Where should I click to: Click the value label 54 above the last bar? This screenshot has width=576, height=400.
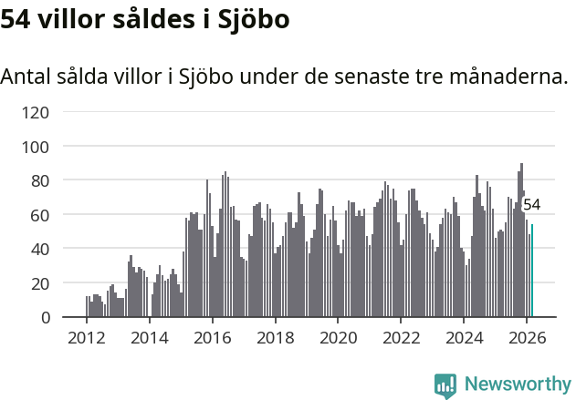click(x=531, y=205)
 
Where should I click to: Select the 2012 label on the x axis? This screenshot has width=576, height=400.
click(x=87, y=337)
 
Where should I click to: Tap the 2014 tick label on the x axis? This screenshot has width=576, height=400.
click(x=150, y=337)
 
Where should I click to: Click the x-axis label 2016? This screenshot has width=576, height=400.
click(x=212, y=337)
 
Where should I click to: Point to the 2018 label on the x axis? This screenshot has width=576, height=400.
click(x=275, y=337)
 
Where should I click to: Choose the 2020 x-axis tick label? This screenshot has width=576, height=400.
click(x=338, y=337)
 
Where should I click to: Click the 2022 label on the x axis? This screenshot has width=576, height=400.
click(x=401, y=337)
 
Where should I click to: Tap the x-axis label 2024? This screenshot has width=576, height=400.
click(x=464, y=337)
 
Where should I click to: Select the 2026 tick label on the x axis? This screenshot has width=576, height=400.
click(x=527, y=337)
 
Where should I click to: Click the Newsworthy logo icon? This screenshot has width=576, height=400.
click(x=445, y=385)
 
